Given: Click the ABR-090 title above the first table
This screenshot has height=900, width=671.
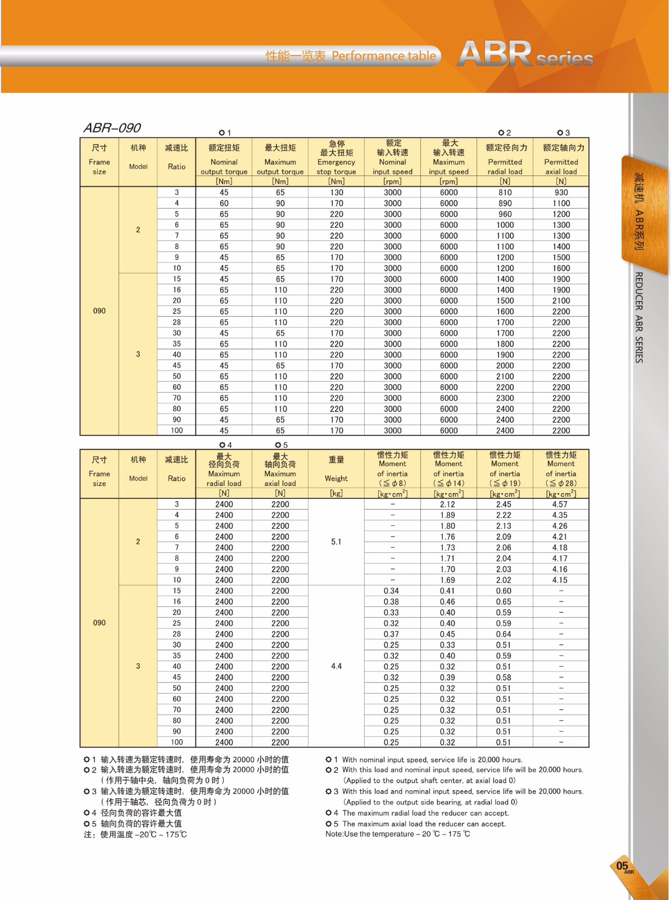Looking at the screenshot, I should (x=112, y=128).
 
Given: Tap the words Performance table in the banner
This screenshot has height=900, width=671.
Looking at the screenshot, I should (x=384, y=56).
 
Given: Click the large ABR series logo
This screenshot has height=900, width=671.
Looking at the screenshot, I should (x=525, y=55).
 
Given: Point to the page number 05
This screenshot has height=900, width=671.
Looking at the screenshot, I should (x=622, y=866).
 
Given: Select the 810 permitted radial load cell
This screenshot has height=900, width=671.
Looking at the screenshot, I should (x=505, y=192).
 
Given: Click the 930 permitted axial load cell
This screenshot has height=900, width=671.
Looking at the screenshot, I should (x=561, y=192).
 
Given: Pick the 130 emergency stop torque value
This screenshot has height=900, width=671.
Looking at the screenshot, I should (x=337, y=192).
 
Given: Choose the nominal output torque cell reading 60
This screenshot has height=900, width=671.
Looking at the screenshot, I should (x=224, y=203).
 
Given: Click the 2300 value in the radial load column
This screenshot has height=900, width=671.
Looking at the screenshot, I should (x=505, y=398).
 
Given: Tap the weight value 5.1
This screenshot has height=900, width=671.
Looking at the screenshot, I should (x=336, y=542).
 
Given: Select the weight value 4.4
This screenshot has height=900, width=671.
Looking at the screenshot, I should (x=336, y=666).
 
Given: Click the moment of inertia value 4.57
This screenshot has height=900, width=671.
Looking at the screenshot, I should (x=560, y=504).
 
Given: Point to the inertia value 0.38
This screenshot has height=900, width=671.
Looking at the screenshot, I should (x=391, y=601).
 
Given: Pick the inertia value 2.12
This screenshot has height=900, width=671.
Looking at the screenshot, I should (x=448, y=504).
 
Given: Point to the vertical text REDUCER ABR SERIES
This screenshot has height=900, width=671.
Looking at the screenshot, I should (x=639, y=317).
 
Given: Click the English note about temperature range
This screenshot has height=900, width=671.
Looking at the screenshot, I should (x=398, y=834).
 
